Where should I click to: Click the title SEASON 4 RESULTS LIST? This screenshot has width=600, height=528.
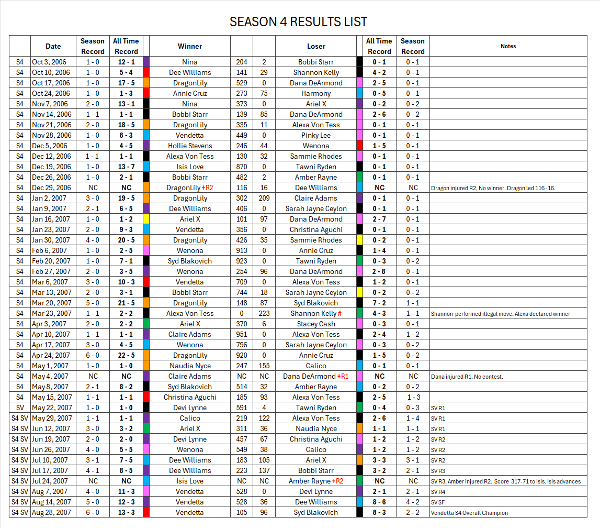(298, 22)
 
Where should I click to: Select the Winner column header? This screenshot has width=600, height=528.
(190, 46)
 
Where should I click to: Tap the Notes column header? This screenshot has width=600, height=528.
(508, 46)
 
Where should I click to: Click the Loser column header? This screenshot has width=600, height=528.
(316, 46)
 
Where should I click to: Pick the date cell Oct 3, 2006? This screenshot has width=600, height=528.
(51, 62)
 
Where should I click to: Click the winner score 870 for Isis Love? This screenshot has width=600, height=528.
(242, 167)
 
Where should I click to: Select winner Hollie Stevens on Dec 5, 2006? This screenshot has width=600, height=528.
(190, 146)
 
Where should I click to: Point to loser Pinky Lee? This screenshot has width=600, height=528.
(316, 135)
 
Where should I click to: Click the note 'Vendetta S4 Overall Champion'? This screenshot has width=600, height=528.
(469, 513)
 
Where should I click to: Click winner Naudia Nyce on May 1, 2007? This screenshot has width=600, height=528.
(190, 366)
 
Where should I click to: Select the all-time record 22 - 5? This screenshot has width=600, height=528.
(126, 355)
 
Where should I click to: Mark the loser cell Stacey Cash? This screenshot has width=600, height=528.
(316, 324)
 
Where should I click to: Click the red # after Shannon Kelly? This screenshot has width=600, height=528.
(339, 313)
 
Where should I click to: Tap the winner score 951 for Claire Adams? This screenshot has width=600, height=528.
(242, 334)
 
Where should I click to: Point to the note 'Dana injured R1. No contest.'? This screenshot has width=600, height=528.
(467, 377)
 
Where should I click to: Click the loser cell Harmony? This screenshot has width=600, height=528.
(316, 93)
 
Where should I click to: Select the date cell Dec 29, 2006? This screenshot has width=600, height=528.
(51, 188)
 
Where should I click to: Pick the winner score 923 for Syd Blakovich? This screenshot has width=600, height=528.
(242, 261)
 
